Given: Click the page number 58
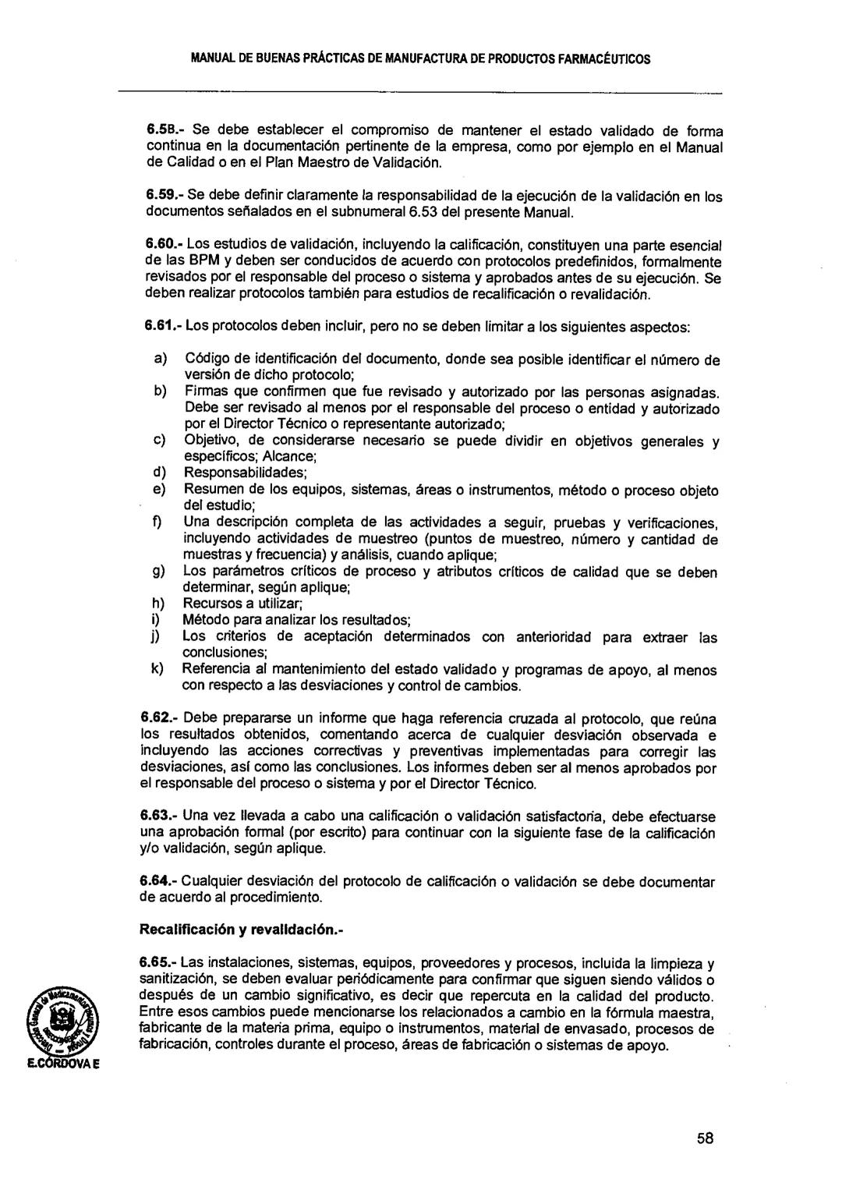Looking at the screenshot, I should (x=706, y=1138).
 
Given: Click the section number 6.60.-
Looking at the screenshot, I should (x=165, y=246).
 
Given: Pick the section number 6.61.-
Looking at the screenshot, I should (x=165, y=328).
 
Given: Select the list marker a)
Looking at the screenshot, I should (x=160, y=360).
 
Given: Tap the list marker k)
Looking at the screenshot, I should (x=157, y=670).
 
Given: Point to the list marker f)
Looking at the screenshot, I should (x=157, y=522).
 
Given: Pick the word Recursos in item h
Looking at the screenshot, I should (x=208, y=604).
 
